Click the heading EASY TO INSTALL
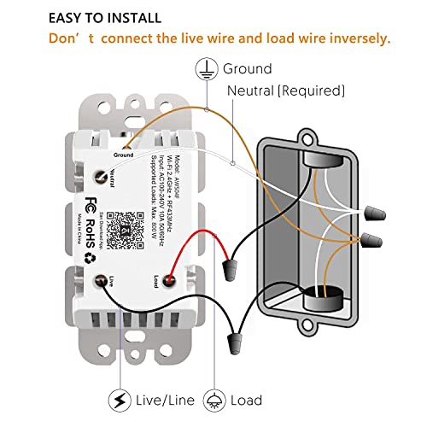click(x=104, y=18)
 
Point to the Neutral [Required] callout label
click(x=286, y=90)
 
